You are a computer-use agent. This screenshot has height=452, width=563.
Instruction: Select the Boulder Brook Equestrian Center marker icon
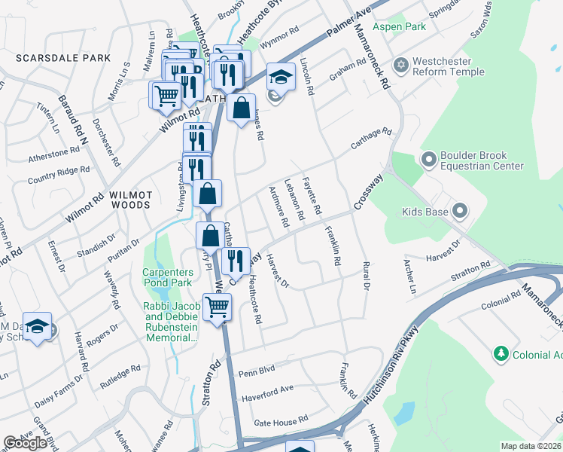(429, 160)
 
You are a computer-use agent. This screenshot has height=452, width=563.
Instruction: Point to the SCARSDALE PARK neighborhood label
(62, 58)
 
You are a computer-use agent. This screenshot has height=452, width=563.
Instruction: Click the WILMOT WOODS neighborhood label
(131, 195)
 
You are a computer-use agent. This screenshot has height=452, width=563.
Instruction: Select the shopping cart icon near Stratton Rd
(217, 307)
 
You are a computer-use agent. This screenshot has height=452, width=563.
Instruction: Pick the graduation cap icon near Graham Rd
(281, 76)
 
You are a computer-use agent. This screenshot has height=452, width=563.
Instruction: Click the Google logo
(25, 444)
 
